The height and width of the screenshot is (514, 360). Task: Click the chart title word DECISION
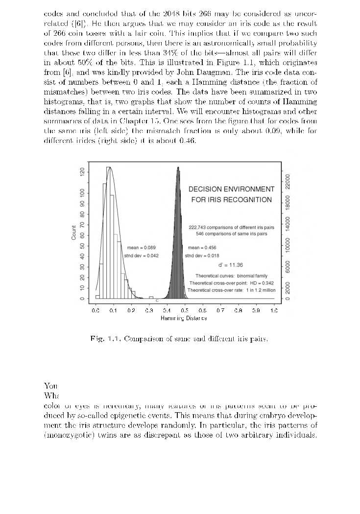[206, 189]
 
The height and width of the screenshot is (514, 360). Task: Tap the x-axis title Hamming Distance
[184, 318]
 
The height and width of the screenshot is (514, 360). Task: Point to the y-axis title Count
[74, 232]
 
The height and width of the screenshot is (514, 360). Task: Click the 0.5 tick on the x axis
[202, 310]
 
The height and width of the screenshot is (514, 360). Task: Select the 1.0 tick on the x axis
[274, 310]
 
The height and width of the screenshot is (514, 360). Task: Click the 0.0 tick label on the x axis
[96, 310]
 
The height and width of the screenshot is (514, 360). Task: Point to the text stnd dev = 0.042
[141, 256]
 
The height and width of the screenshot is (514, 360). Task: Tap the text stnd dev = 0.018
[202, 256]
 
